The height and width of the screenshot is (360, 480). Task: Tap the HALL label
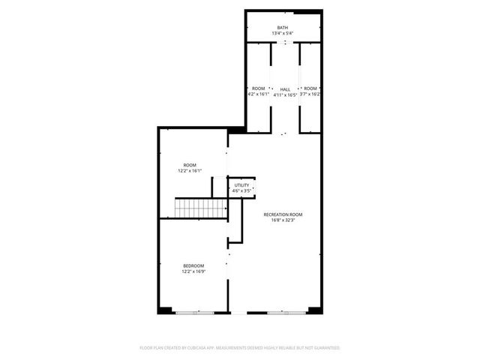point(285,88)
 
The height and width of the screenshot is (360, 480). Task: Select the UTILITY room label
point(241,185)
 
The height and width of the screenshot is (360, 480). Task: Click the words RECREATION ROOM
point(283,214)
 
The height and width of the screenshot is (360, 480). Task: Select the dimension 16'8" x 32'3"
point(283,220)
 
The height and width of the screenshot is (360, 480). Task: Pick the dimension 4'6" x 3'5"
point(241,191)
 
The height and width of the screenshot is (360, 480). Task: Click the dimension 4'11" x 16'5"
point(285,94)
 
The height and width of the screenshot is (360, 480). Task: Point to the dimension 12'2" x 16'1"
point(190,171)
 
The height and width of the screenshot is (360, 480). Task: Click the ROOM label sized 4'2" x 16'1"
point(258,88)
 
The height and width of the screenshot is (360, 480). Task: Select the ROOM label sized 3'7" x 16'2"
point(310,88)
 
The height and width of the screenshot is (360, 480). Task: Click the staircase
point(200,208)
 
